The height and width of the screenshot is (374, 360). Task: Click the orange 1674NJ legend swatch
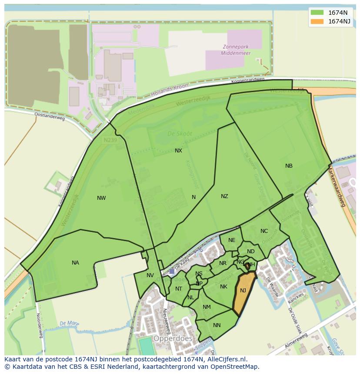(x=317, y=21)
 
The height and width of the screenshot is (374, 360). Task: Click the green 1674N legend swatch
(x=317, y=13)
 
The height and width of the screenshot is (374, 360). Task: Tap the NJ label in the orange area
(x=243, y=291)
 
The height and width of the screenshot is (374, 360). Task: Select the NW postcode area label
(x=101, y=198)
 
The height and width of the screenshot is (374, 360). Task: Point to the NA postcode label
(x=76, y=263)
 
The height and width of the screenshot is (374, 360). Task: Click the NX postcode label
(x=178, y=151)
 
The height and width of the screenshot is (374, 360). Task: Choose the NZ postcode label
(x=224, y=196)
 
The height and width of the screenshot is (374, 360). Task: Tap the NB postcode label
(x=289, y=166)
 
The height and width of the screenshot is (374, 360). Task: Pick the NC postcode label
(x=264, y=231)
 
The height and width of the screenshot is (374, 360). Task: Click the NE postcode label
(x=232, y=240)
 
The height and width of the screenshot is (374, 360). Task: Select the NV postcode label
(x=150, y=275)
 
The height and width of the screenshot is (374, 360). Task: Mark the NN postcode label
(x=217, y=325)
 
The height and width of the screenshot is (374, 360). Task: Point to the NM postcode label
(x=207, y=307)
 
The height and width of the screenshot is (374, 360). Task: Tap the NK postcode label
(x=223, y=287)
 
